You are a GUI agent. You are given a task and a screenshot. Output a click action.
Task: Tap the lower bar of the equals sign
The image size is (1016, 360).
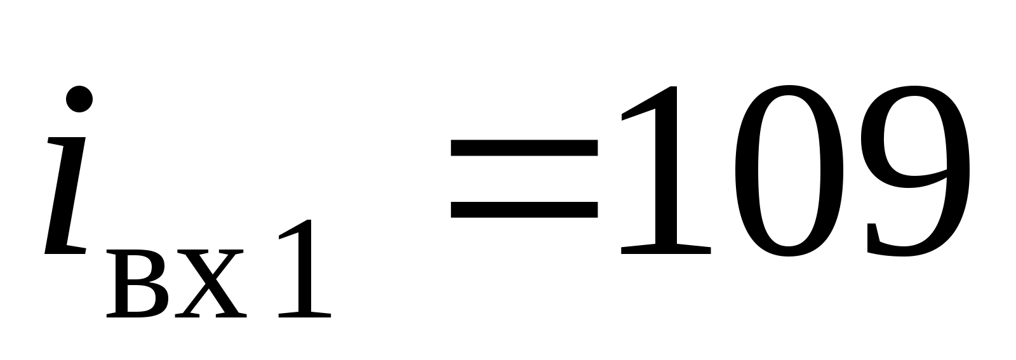[x=524, y=210]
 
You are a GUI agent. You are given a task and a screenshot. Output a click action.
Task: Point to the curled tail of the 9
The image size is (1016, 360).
[x=889, y=244]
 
